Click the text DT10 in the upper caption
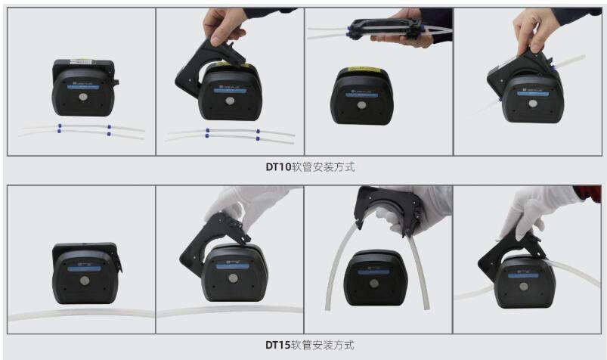coord(277,167)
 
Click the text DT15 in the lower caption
coord(277,345)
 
